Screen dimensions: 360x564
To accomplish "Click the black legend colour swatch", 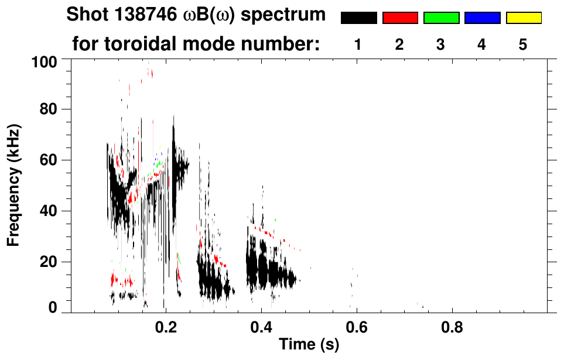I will coord(358,18).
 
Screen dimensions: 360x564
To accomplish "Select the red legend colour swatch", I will coord(400,18).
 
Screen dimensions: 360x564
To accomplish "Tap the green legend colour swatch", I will coord(441,18).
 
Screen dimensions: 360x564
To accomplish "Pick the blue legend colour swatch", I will coord(482,18).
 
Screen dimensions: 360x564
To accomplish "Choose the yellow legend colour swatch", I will coord(523,18).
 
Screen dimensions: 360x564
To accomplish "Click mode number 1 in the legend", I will coord(358,44).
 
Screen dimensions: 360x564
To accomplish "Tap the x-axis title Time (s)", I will coord(309,345).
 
